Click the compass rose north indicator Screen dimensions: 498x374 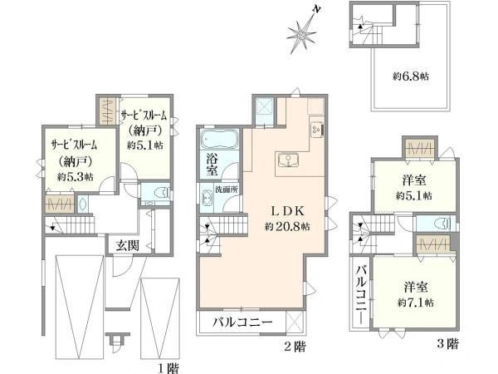point(302,31)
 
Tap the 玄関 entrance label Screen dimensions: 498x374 point(127,245)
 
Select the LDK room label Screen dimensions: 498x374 point(288,210)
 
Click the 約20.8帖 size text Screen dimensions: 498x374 point(288,226)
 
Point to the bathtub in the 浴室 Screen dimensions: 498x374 point(219,139)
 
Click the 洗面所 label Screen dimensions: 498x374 point(227,189)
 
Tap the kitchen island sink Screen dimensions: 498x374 point(288,160)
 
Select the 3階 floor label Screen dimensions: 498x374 point(448,343)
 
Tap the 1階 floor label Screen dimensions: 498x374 point(168,368)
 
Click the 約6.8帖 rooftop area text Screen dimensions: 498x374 point(411,76)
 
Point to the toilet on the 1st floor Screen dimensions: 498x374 point(161,193)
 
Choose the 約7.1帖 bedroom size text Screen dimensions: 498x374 point(416,303)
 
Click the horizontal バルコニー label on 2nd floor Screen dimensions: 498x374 point(242,322)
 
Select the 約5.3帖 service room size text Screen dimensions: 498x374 point(76,177)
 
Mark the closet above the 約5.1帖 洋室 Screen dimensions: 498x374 point(420,149)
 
